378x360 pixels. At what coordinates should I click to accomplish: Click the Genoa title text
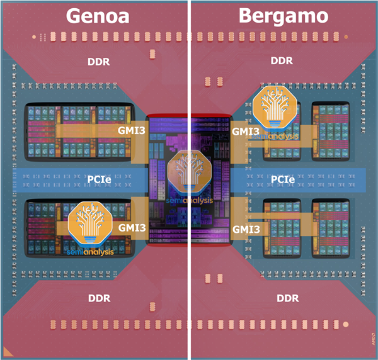98,15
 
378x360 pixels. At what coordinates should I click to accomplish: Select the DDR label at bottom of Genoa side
98,296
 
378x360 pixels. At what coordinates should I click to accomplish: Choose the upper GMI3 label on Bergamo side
246,132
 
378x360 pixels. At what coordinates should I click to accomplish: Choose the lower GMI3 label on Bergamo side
246,229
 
